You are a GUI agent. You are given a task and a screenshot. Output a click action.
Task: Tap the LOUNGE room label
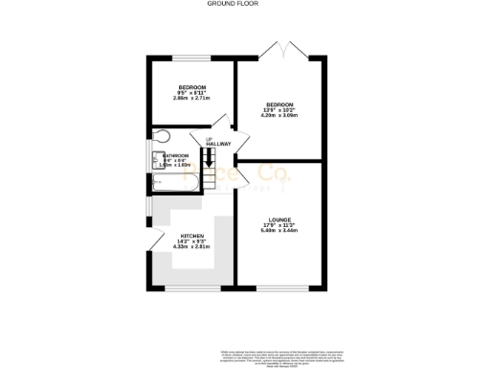279,219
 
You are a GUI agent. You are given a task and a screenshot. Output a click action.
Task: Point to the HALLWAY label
218,144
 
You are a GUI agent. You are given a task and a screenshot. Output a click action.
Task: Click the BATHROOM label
175,154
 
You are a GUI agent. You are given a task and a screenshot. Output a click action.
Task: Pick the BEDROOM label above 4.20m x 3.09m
279,103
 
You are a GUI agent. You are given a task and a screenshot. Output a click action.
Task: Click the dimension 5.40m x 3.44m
279,230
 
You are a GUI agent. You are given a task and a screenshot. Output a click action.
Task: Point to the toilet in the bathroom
161,136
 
